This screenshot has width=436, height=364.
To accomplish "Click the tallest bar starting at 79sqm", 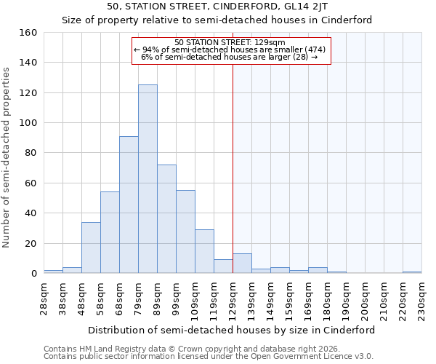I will tap(148, 179).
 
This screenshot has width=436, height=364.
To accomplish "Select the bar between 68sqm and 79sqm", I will tap(129, 205).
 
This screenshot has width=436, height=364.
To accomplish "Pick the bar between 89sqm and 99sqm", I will tap(166, 219).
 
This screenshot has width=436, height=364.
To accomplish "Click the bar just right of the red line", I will tap(242, 264).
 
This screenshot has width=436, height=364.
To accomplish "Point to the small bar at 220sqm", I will tap(412, 272).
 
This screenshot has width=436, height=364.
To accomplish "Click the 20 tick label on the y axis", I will tap(31, 244).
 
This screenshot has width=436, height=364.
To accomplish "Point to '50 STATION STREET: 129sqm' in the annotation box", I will tap(230, 43).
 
